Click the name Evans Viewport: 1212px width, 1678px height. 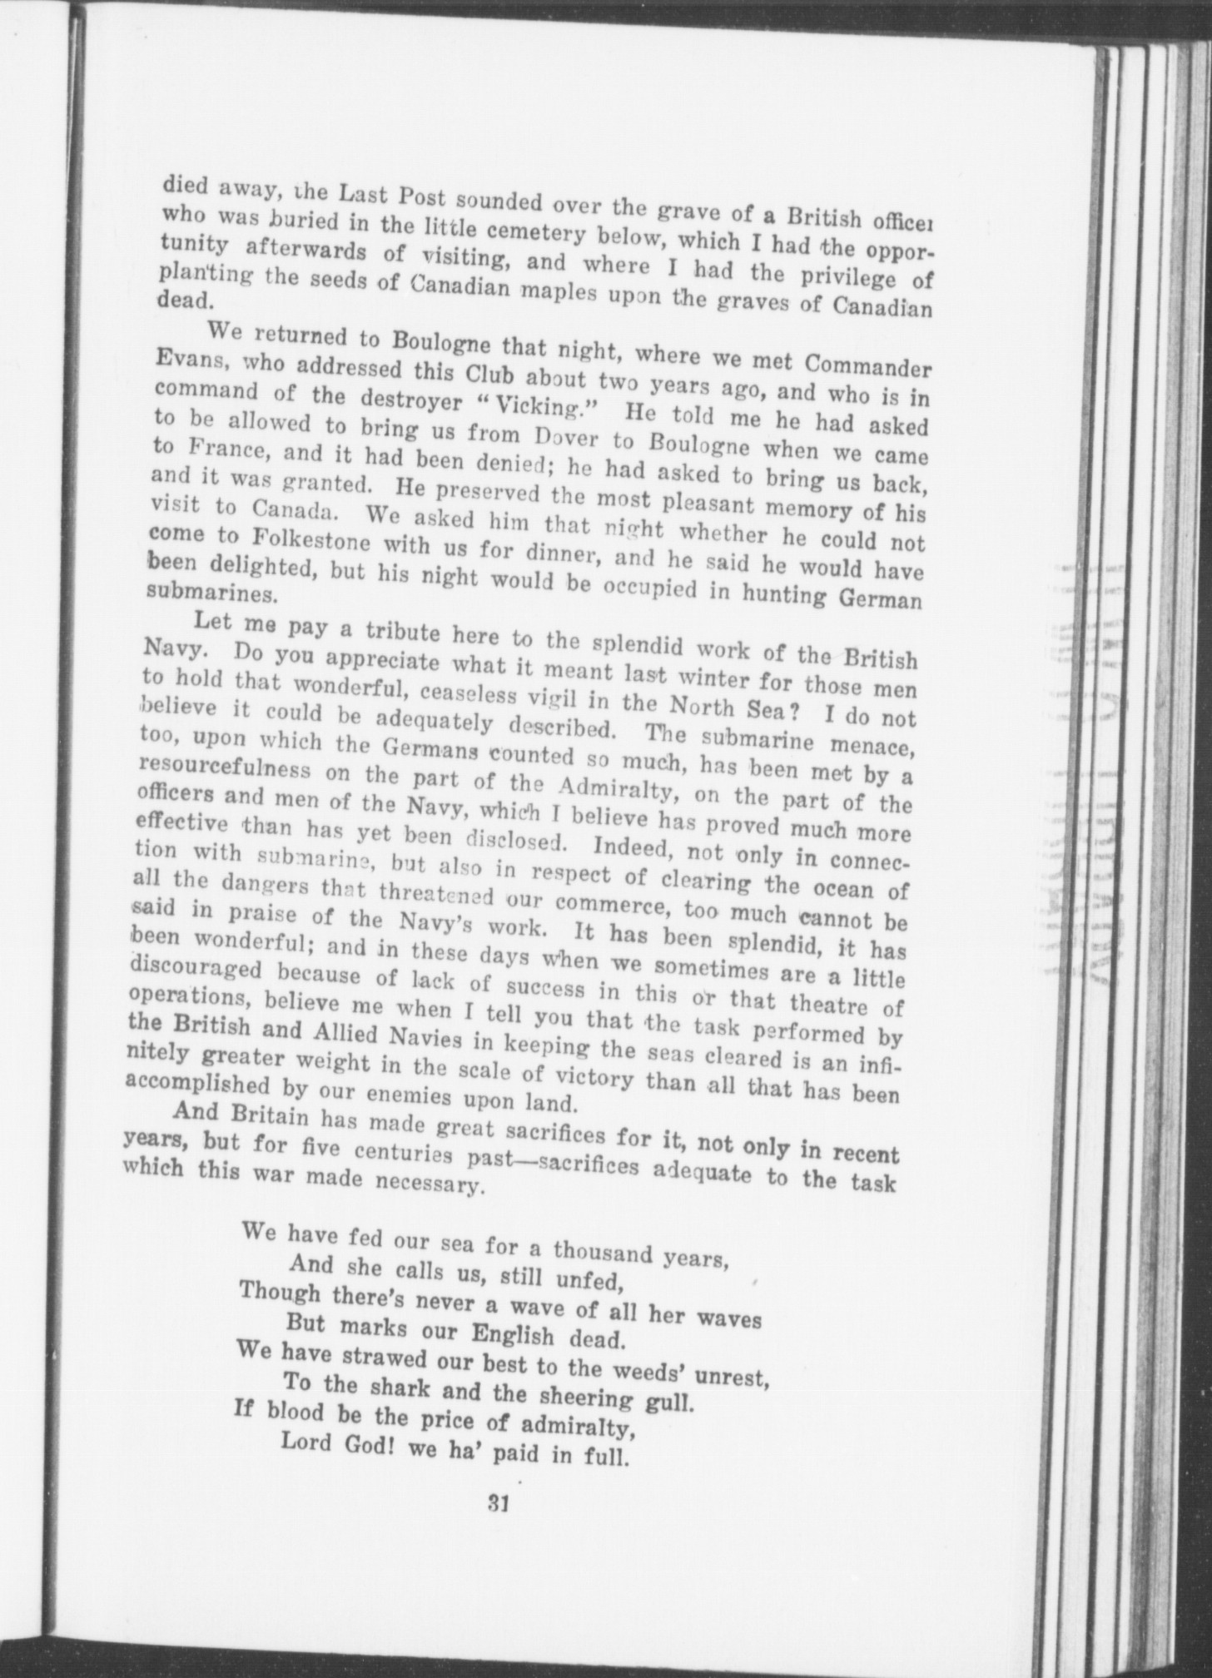187,360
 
